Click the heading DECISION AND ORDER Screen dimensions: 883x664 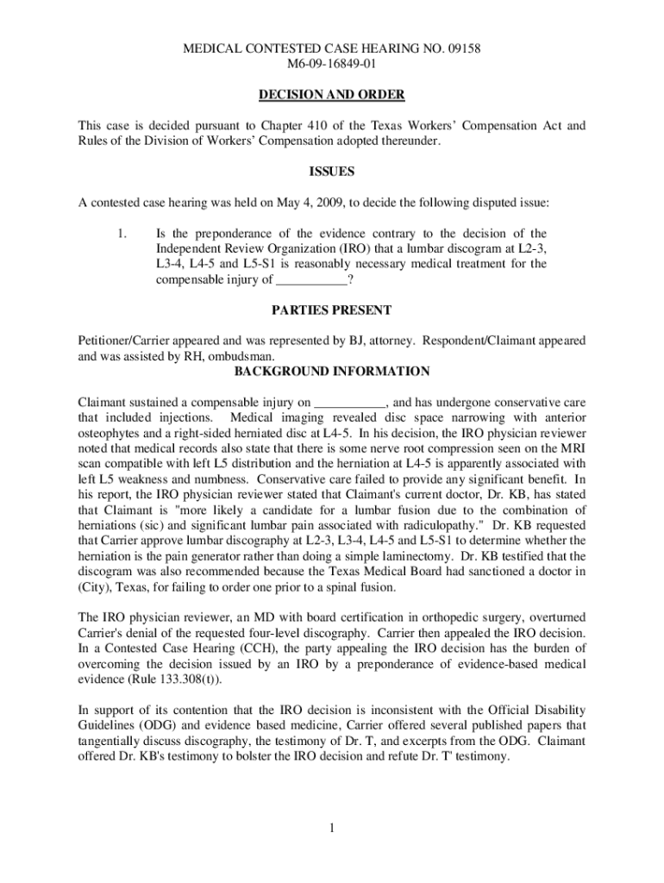coord(332,94)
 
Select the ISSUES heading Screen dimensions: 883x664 coord(332,172)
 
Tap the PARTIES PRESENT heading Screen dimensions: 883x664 coord(332,310)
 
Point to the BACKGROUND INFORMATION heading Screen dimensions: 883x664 coord(332,372)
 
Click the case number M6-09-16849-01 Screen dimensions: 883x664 coord(332,64)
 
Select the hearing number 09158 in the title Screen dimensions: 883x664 coord(461,49)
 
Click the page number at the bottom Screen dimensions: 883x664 coord(331,829)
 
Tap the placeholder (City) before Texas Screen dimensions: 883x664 coord(94,586)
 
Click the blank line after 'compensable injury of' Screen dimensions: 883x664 coord(311,280)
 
